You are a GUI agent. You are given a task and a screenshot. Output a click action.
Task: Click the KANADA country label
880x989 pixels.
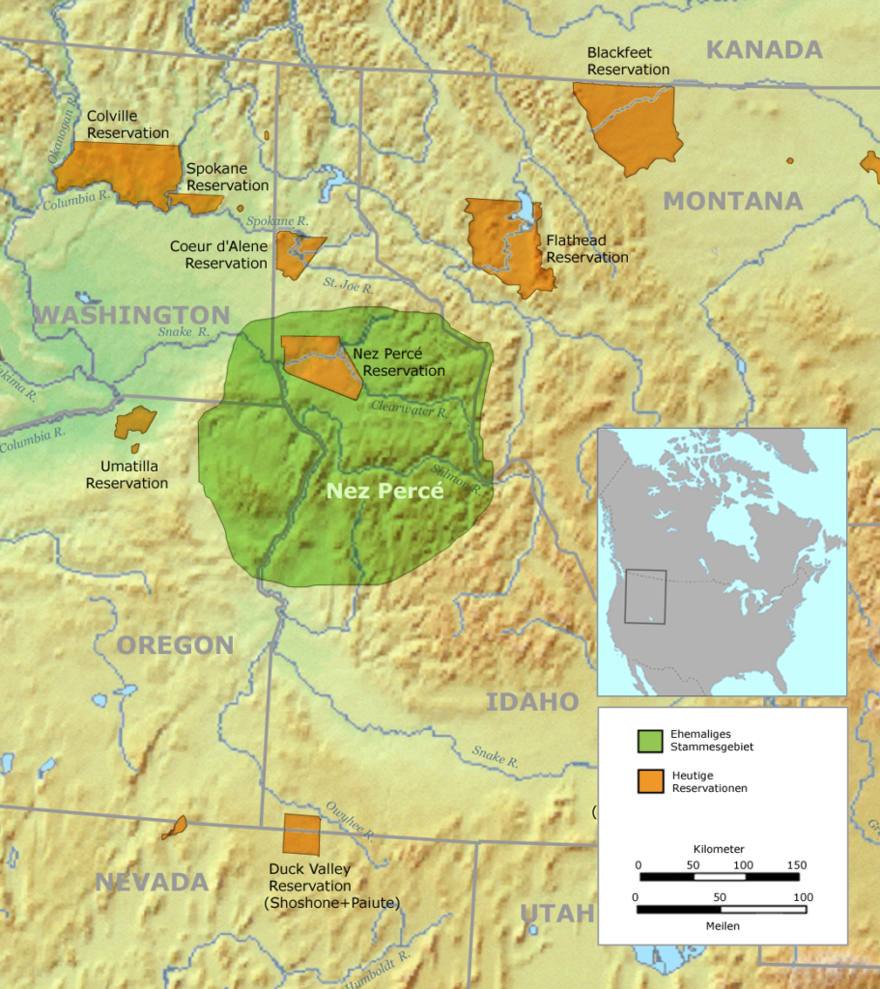(764, 49)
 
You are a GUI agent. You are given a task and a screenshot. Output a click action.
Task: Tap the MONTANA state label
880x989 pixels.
(732, 201)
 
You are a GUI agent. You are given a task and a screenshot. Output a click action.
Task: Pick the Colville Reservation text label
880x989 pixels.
(128, 125)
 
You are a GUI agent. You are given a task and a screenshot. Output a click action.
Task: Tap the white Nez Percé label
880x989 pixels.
(384, 491)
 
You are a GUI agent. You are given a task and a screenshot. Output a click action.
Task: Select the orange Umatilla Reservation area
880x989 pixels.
(134, 423)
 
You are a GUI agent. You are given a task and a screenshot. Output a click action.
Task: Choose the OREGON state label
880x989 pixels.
(176, 645)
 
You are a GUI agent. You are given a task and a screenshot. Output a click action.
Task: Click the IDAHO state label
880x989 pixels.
(531, 701)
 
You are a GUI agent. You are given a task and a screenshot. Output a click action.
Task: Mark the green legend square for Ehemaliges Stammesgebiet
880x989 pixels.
(649, 741)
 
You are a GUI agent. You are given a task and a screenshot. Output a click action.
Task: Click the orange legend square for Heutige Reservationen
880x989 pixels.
(649, 781)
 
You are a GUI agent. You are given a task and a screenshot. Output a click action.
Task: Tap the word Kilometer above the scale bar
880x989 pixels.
(719, 849)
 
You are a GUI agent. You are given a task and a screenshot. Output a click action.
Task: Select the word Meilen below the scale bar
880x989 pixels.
(721, 925)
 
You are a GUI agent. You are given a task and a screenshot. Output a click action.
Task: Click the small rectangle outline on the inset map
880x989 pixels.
(645, 596)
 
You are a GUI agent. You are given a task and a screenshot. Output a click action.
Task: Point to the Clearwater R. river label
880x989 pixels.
(409, 410)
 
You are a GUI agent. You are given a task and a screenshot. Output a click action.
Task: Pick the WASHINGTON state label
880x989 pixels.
(131, 315)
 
